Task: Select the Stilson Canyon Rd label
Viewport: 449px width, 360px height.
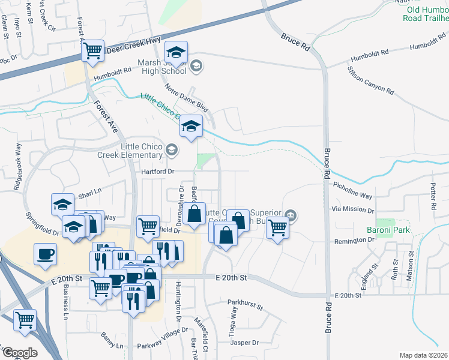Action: pos(371,80)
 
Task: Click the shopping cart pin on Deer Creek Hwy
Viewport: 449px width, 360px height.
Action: pos(93,50)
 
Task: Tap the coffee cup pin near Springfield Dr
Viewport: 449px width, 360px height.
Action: pos(46,254)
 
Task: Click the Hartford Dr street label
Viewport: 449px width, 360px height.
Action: pos(157,172)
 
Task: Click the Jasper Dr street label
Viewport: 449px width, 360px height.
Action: pos(244,343)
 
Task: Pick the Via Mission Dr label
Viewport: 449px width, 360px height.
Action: pos(352,211)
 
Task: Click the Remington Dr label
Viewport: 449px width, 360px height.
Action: pos(354,239)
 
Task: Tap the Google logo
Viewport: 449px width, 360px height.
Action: pos(20,353)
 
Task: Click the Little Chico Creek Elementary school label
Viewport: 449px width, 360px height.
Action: pos(130,149)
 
